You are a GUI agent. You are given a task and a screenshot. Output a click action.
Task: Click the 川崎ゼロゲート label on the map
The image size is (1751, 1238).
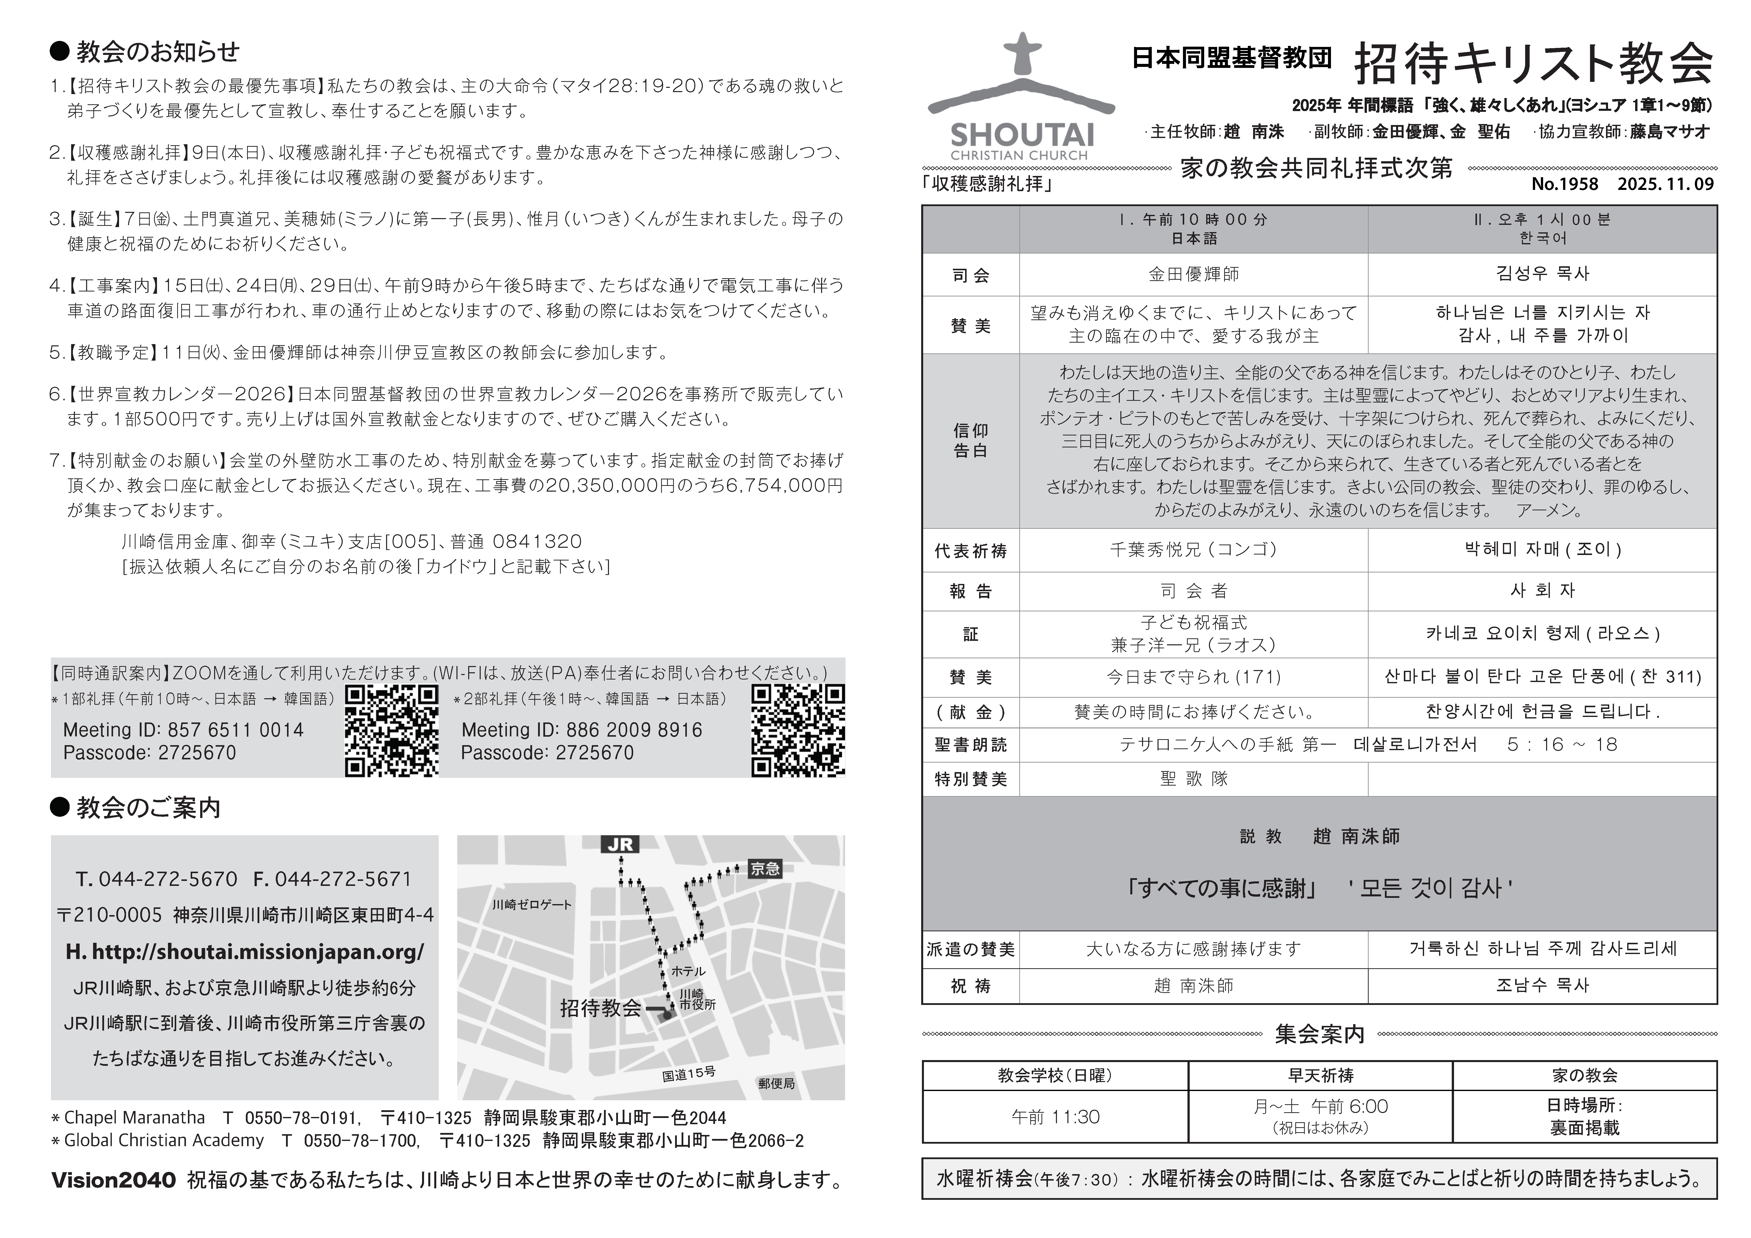tap(532, 905)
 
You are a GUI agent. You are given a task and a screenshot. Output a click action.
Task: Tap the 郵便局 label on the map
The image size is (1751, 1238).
tap(776, 1083)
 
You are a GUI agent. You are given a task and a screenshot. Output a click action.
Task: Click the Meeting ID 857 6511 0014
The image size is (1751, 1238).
tap(183, 730)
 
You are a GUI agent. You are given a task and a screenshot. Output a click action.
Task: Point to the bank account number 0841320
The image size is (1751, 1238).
tap(537, 542)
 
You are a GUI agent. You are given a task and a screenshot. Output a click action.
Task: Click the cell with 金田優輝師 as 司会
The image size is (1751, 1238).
tap(1193, 275)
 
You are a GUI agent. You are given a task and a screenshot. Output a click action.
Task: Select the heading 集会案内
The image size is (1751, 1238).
tap(1319, 1034)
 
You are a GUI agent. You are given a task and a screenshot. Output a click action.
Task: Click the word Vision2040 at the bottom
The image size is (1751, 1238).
tap(114, 1180)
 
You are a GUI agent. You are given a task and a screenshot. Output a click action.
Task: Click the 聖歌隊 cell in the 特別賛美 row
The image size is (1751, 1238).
tap(1193, 779)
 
